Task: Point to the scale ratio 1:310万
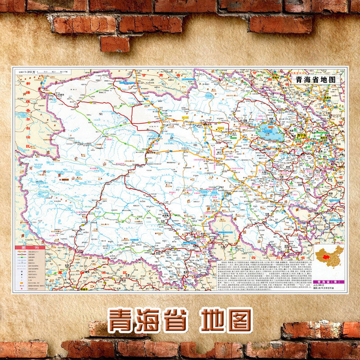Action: tap(27, 72)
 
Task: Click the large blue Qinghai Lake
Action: tap(270, 131)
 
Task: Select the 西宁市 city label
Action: tap(302, 134)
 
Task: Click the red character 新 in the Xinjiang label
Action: tap(29, 84)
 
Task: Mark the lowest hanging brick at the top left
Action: tap(114, 44)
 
